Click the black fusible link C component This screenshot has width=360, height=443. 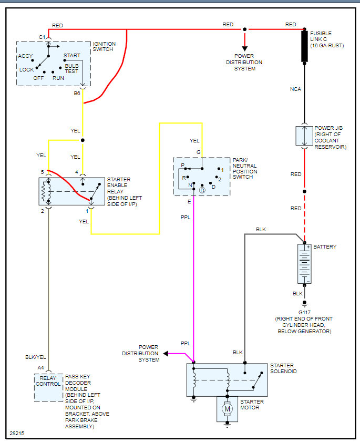pos(304,46)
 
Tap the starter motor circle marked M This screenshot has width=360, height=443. pos(227,408)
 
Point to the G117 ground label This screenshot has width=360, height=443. pos(304,312)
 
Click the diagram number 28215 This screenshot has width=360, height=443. pos(17,434)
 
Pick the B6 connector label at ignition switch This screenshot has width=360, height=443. pos(77,93)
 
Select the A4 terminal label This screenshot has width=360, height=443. pos(40,367)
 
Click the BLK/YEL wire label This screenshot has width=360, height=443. pos(36,357)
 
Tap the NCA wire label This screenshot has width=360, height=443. pos(296,89)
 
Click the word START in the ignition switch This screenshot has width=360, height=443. pos(72,55)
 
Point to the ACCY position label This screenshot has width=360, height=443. pos(26,56)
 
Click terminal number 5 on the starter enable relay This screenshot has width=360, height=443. pos(42,172)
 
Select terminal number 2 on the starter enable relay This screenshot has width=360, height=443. pos(42,211)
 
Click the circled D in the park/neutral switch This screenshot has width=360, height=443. pos(202,190)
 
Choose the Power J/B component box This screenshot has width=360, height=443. pos(304,136)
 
